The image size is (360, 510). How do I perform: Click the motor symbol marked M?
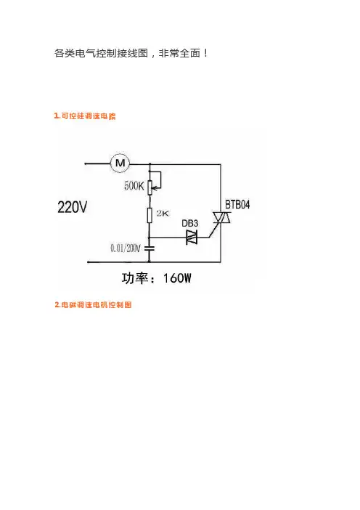tap(120, 163)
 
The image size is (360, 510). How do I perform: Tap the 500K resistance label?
tap(134, 186)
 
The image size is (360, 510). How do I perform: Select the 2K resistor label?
tap(163, 214)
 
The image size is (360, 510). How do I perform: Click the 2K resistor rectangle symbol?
tap(150, 215)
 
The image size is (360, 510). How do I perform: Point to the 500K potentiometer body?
tap(150, 187)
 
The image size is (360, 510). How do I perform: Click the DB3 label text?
tap(189, 224)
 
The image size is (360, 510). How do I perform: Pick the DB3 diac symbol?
tap(192, 238)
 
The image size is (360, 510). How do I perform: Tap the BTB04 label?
tap(237, 205)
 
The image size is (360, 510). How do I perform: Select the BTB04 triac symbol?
tap(221, 217)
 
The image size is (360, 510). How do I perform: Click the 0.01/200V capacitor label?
tap(126, 248)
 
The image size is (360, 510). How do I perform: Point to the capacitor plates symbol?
tap(150, 248)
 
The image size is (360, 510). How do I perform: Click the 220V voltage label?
tap(72, 207)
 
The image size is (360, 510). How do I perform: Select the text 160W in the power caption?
tap(177, 278)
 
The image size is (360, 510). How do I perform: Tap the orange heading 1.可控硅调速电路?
tap(85, 116)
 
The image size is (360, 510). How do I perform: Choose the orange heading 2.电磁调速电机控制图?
tap(93, 304)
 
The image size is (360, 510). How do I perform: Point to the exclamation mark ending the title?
tap(206, 53)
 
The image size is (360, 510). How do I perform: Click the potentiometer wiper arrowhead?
tap(155, 187)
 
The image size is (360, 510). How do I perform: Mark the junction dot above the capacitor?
tap(150, 238)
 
